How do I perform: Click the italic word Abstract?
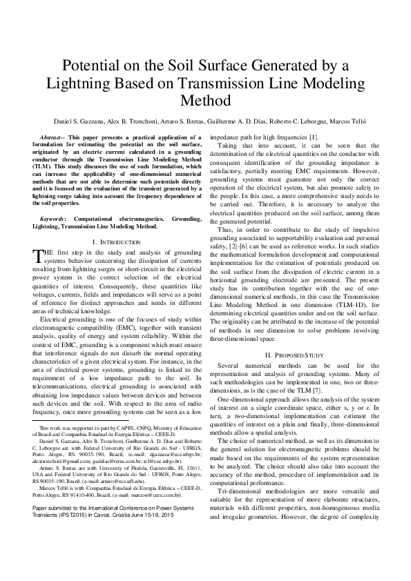[55, 138]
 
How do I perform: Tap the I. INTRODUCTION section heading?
[115, 242]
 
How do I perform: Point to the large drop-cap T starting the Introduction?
[38, 256]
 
